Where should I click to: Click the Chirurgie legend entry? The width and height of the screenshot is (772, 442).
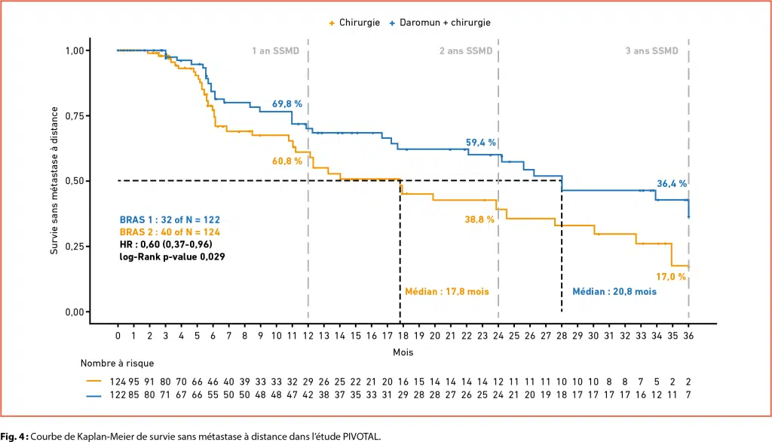click(x=354, y=23)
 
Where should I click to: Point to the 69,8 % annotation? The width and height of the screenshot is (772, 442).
click(x=287, y=103)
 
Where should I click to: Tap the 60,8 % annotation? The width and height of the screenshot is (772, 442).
click(x=287, y=161)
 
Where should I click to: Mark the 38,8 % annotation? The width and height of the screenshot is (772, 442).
click(x=479, y=219)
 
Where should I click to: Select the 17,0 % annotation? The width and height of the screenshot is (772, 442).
click(x=671, y=276)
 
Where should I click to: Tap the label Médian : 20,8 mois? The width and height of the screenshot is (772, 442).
click(x=614, y=291)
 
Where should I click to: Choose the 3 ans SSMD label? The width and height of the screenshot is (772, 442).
click(x=652, y=51)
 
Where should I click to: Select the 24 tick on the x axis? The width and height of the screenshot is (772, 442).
click(x=498, y=336)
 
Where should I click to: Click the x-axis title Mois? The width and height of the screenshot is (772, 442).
click(x=403, y=352)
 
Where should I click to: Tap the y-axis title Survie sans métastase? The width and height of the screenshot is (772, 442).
click(x=54, y=181)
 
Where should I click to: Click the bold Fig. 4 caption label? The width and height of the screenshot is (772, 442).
click(x=15, y=435)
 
